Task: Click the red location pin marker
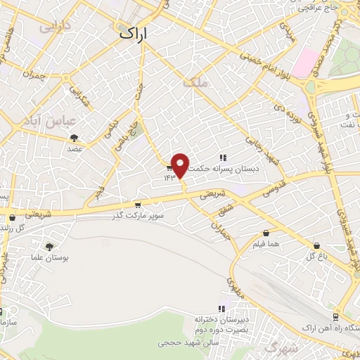pos(180,165)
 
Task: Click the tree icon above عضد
pos(75,138)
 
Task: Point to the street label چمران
pos(34,73)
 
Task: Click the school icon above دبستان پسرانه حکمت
pos(223,157)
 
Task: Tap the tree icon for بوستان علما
pos(49,246)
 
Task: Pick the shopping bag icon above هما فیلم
pos(266,233)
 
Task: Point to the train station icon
pos(335,318)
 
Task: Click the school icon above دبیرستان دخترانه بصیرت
pos(221,308)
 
